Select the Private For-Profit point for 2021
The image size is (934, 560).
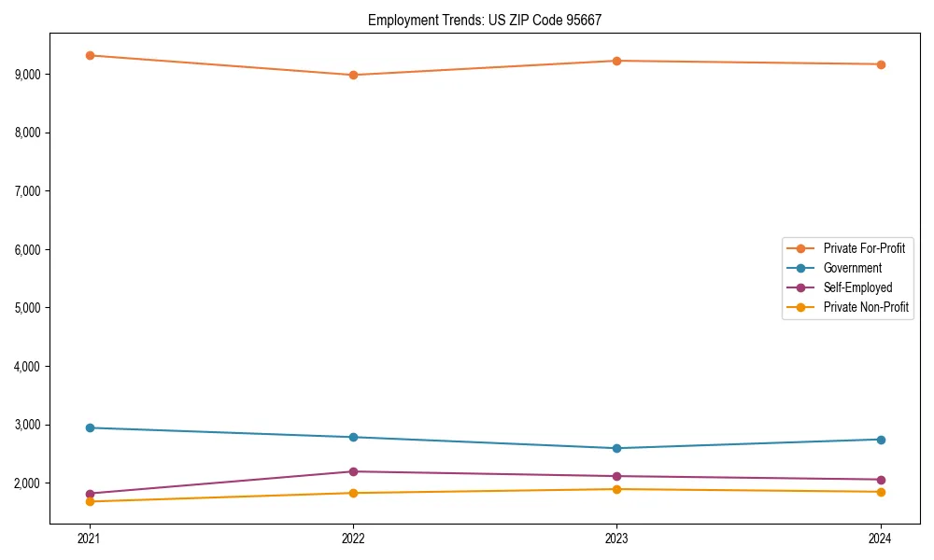point(90,55)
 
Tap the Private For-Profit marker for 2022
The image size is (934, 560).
point(353,75)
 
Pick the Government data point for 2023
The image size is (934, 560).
point(616,448)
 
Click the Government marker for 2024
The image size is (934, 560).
point(881,440)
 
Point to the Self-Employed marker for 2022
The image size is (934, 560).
point(353,471)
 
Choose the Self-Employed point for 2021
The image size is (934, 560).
point(90,494)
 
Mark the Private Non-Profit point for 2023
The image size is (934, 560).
point(616,489)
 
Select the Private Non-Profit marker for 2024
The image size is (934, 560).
point(881,492)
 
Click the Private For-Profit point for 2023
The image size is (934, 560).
point(616,61)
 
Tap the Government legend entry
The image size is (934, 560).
point(852,268)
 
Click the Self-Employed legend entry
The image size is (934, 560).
point(857,287)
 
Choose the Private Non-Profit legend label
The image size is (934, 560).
point(866,307)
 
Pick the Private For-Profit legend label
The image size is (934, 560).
point(864,248)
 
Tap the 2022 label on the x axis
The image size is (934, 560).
point(353,538)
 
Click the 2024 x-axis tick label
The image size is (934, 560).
point(881,538)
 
